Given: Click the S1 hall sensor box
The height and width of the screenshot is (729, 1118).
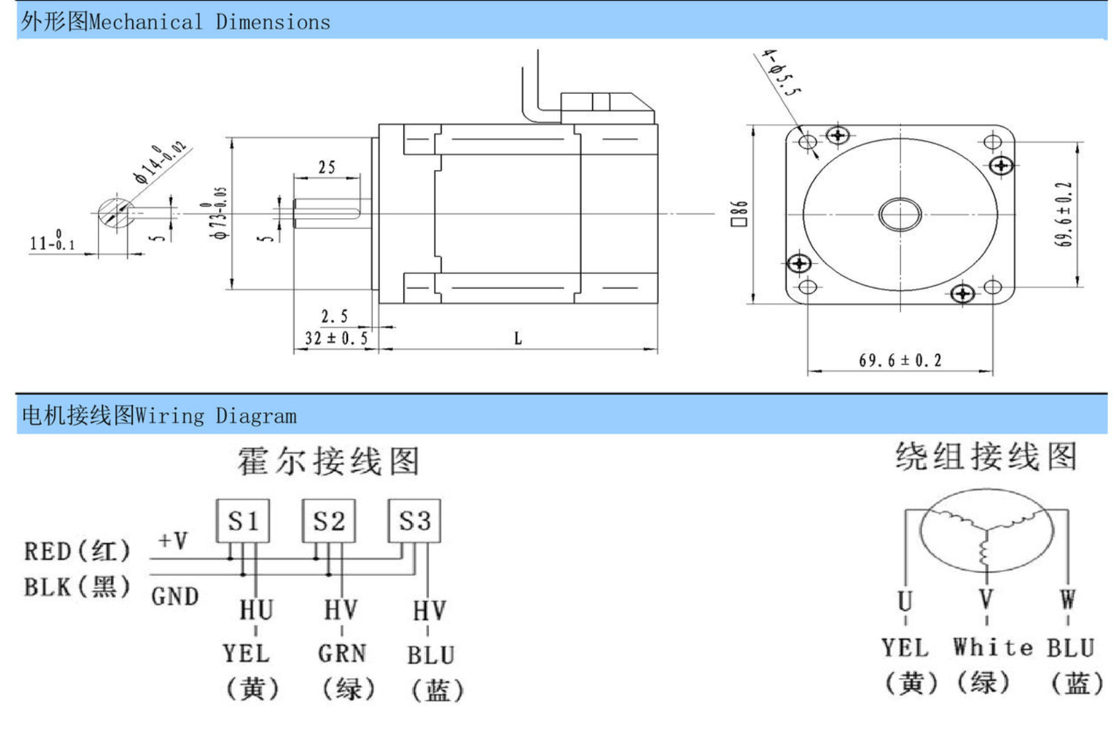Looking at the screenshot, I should (x=243, y=521).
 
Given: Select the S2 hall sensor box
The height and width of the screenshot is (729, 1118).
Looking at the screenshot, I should (x=329, y=521).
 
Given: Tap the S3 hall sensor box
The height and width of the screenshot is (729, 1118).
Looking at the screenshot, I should (x=414, y=521).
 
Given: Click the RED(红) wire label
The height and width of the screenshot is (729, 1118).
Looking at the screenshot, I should (x=77, y=551).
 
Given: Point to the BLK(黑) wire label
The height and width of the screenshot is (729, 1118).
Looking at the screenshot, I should (x=77, y=587).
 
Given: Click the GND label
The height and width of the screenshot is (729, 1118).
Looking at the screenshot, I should (x=175, y=597).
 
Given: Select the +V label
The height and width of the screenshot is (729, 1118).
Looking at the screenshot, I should (x=173, y=540).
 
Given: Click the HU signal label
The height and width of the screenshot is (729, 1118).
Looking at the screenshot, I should (x=256, y=610).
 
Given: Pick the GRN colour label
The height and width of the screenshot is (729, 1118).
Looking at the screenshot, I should (x=342, y=654).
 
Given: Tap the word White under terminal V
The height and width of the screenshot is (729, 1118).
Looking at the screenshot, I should (x=992, y=647).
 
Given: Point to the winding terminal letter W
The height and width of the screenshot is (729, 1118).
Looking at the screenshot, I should (x=1068, y=600).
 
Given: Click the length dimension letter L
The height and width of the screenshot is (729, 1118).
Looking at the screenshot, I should (x=518, y=339).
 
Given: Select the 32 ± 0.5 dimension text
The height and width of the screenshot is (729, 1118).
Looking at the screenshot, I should (x=336, y=339).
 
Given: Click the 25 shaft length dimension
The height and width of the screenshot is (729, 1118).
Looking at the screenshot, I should (x=327, y=167).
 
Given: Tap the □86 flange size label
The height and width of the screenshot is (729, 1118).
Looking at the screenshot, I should (x=739, y=214).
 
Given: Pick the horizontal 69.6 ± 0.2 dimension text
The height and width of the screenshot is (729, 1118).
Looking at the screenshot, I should (x=900, y=361).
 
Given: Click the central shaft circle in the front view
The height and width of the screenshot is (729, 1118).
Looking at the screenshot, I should (x=900, y=214).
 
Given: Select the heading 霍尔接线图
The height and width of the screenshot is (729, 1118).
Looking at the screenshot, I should (x=329, y=461).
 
